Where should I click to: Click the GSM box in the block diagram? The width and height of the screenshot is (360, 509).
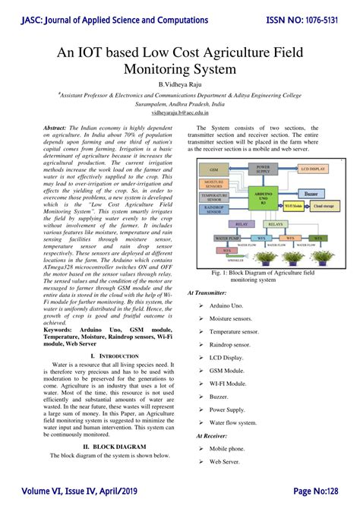click(x=214, y=169)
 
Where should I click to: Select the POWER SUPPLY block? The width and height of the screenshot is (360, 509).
click(x=262, y=169)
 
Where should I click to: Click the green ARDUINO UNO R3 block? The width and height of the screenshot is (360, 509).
click(x=263, y=201)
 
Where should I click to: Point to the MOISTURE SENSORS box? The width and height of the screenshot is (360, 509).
click(x=214, y=184)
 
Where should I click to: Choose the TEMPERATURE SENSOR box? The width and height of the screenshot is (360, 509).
click(x=214, y=197)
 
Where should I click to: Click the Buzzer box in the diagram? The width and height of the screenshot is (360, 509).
click(x=311, y=194)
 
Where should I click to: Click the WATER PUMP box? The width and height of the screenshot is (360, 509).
click(x=214, y=238)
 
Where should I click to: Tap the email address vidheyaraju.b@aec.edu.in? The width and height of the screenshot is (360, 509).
click(x=179, y=110)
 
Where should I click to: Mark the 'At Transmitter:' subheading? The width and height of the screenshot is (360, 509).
click(x=207, y=292)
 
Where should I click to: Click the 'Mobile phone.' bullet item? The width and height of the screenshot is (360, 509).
click(x=228, y=449)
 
